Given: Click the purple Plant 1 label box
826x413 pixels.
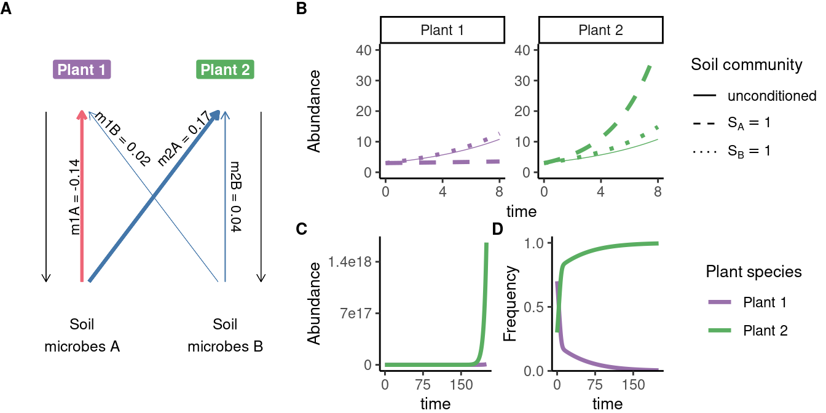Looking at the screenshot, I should pos(82,70).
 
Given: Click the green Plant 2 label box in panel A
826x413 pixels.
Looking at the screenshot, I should pos(225,70).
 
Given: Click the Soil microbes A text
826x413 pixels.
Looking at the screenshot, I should pos(82,336).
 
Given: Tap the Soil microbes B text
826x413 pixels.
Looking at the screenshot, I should pos(225,336).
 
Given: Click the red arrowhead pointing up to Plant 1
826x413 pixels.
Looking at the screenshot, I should pos(82,114).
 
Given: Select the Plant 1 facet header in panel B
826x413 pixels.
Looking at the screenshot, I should pos(442,31).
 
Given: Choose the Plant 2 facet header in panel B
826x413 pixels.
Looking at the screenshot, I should pos(600,31).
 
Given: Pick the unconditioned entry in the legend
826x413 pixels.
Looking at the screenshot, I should pos(771,96).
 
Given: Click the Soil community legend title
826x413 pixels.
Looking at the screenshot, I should pos(747,65).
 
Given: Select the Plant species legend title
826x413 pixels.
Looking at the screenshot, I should pos(753,272).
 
